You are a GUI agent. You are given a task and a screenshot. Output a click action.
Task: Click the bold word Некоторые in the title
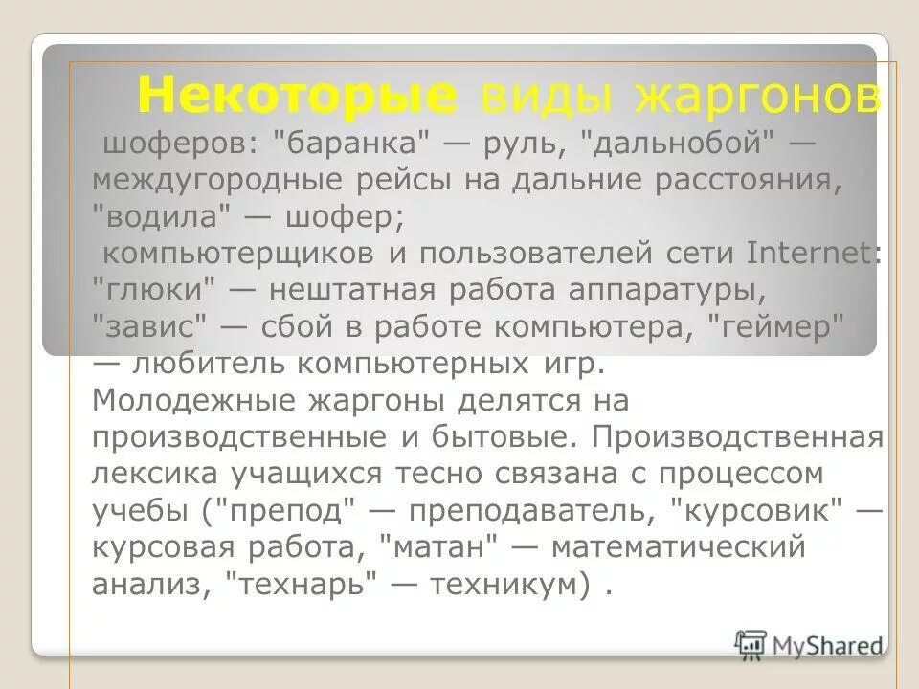298,96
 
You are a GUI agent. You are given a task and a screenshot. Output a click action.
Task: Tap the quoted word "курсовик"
764,510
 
